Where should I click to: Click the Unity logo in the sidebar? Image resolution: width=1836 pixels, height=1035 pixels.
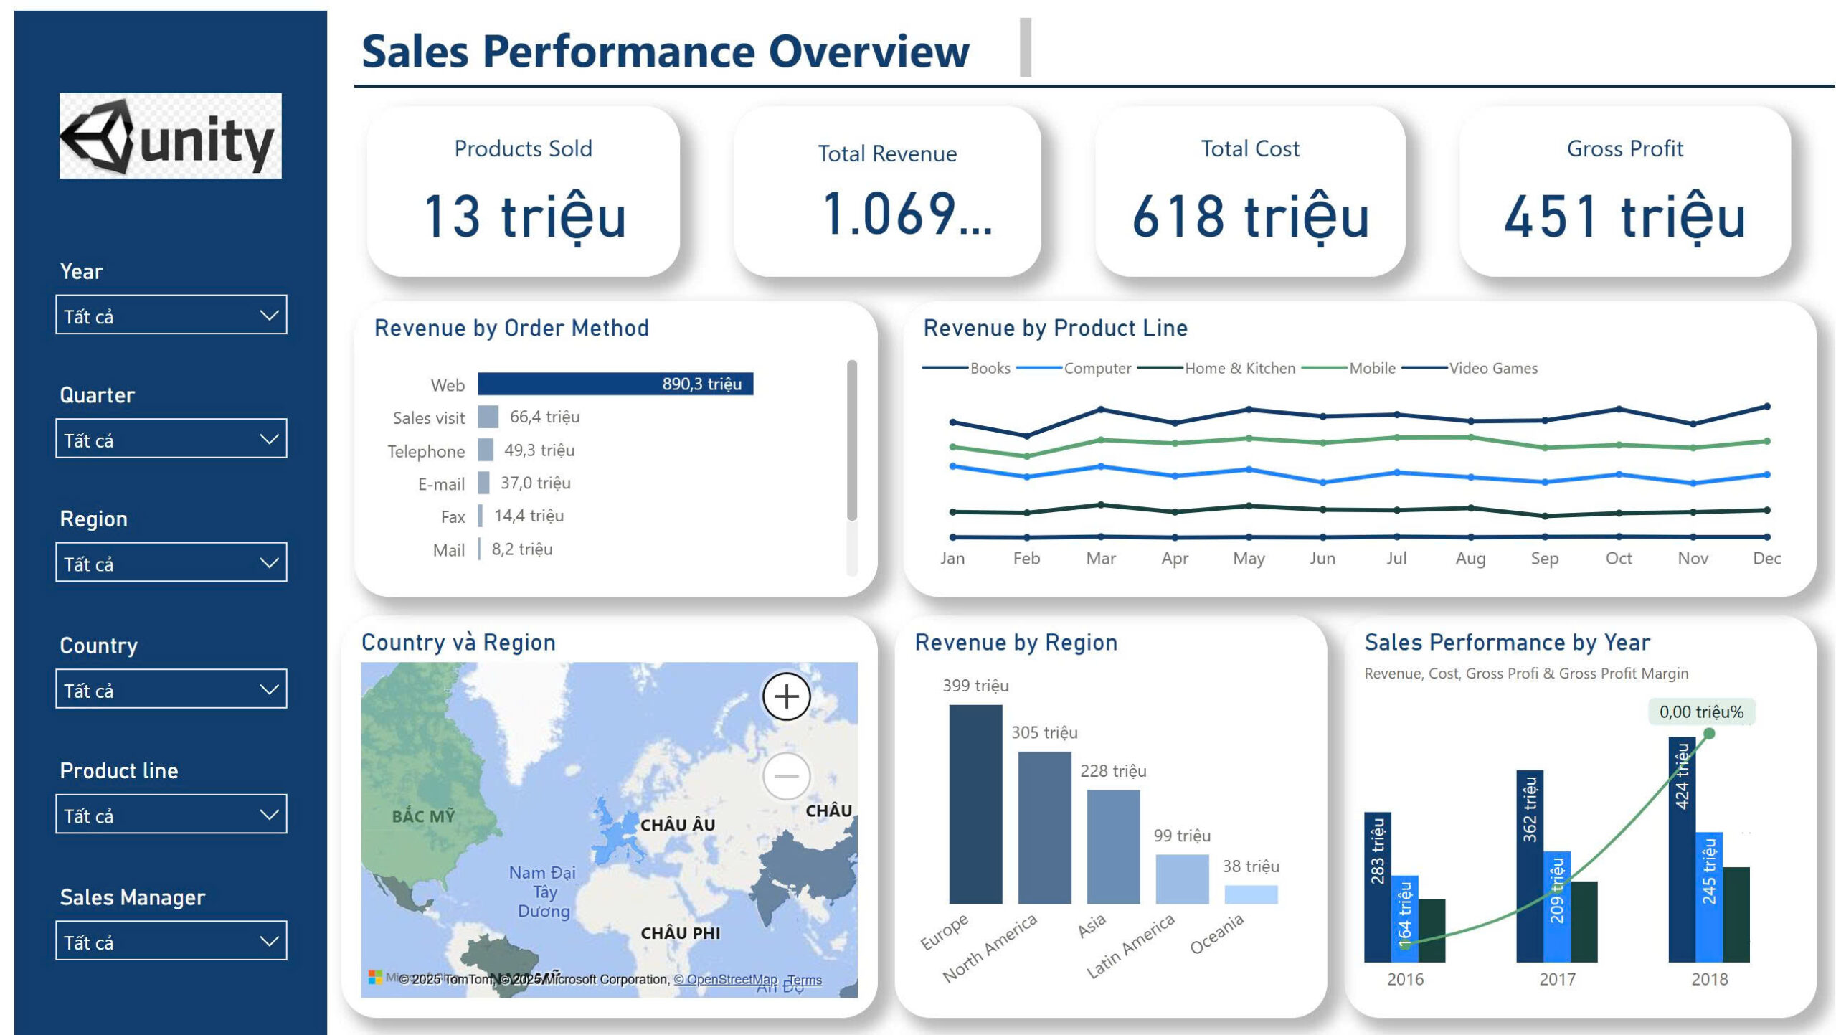click(x=170, y=136)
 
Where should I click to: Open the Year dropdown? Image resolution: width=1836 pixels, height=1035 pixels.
click(x=171, y=315)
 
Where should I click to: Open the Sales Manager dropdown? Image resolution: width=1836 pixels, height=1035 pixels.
click(x=171, y=941)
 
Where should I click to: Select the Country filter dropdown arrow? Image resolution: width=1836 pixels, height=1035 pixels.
click(x=269, y=690)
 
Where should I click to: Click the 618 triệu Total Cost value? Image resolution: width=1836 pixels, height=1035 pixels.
click(x=1250, y=217)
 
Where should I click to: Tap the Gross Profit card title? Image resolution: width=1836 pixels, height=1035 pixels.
click(x=1624, y=148)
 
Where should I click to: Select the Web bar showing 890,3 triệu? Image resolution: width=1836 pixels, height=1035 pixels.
click(x=615, y=384)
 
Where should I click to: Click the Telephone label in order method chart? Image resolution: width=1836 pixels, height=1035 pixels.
click(x=426, y=451)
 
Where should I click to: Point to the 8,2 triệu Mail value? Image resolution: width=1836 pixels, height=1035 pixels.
click(x=521, y=549)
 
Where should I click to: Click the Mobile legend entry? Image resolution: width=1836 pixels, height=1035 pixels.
click(x=1371, y=368)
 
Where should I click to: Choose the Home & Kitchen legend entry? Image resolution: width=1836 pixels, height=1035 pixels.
click(x=1239, y=368)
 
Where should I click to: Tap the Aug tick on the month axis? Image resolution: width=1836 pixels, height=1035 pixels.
click(x=1470, y=558)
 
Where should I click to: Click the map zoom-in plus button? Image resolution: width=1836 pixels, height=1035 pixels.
click(x=786, y=696)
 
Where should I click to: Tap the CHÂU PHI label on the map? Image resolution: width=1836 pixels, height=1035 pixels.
click(x=680, y=933)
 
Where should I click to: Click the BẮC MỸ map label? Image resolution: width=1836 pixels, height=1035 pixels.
click(x=423, y=816)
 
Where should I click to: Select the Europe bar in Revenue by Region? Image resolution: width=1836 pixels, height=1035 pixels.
click(x=975, y=803)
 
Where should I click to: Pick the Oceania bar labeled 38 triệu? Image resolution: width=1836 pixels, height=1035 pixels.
click(x=1251, y=894)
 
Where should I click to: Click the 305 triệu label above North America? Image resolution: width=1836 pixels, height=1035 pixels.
click(x=1044, y=732)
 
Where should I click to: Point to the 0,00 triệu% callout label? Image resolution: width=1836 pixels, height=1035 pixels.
click(x=1700, y=712)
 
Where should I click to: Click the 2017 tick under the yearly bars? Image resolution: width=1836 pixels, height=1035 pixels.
click(x=1557, y=979)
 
